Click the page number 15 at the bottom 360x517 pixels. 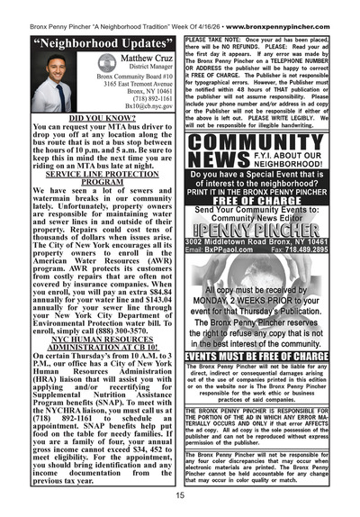click(x=180, y=494)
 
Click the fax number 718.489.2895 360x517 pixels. click(x=328, y=251)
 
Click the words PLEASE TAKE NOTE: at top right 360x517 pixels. click(x=213, y=41)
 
